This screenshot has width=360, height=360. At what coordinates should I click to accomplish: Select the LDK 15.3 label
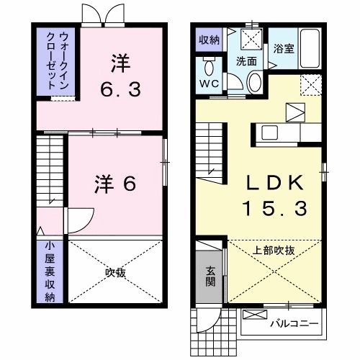[x=277, y=194]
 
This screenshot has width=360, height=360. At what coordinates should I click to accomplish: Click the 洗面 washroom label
[x=246, y=61]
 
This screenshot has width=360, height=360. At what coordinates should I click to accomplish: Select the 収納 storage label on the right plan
[x=209, y=40]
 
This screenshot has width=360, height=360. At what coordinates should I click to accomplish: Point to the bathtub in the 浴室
[x=310, y=49]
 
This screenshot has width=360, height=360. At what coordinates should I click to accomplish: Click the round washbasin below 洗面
[x=256, y=83]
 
